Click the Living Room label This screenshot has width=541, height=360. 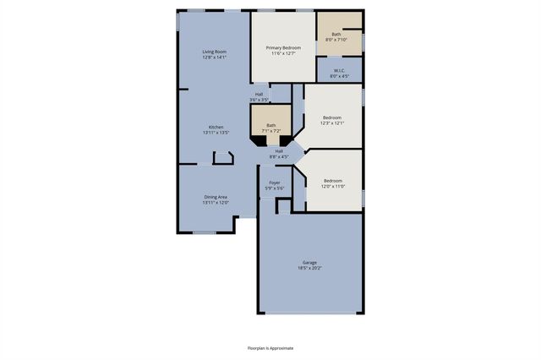(x=214, y=52)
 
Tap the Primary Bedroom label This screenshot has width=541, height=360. (x=283, y=47)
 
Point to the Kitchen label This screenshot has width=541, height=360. (x=216, y=127)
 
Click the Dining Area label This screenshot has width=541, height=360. (x=216, y=196)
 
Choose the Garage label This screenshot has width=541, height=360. (x=309, y=262)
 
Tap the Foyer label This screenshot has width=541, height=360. (x=275, y=183)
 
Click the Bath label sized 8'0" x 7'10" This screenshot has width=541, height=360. (x=336, y=34)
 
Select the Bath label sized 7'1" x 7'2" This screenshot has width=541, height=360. (x=271, y=125)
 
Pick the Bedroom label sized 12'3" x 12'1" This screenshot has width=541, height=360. (x=331, y=117)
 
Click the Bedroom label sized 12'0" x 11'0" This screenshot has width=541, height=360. (x=333, y=180)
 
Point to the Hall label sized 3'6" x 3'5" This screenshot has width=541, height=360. (x=259, y=94)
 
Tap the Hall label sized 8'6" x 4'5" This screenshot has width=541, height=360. (x=279, y=150)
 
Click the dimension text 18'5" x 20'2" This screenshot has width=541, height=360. (x=309, y=268)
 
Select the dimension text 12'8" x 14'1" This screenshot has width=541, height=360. (x=214, y=57)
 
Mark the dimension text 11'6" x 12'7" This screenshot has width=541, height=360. (x=283, y=53)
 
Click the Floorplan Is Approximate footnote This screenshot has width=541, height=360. (x=270, y=347)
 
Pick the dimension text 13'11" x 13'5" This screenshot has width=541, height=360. (x=216, y=133)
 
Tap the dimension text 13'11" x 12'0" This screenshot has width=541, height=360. (x=216, y=202)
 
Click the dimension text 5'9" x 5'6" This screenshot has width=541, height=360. (x=275, y=188)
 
